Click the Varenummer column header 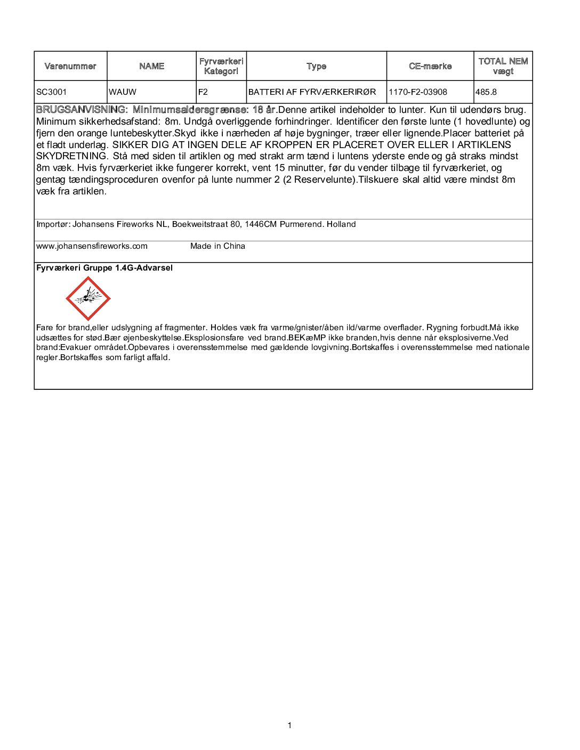pos(70,66)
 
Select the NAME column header pos(152,66)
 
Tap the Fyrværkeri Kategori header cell pos(221,66)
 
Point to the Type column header pos(316,66)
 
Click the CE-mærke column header pos(430,66)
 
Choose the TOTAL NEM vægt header pos(503,66)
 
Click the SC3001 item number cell pos(52,92)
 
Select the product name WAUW pos(123,92)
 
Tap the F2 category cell pos(203,92)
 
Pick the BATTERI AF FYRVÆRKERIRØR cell pos(312,92)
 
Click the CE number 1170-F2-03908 pos(418,92)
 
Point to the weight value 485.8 pos(486,92)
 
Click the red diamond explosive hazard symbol pos(88,298)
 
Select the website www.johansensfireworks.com pos(92,246)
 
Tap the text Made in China pos(217,246)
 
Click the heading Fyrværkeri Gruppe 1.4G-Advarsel pos(104,268)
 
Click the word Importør pos(52,224)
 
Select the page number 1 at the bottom pos(289,725)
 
